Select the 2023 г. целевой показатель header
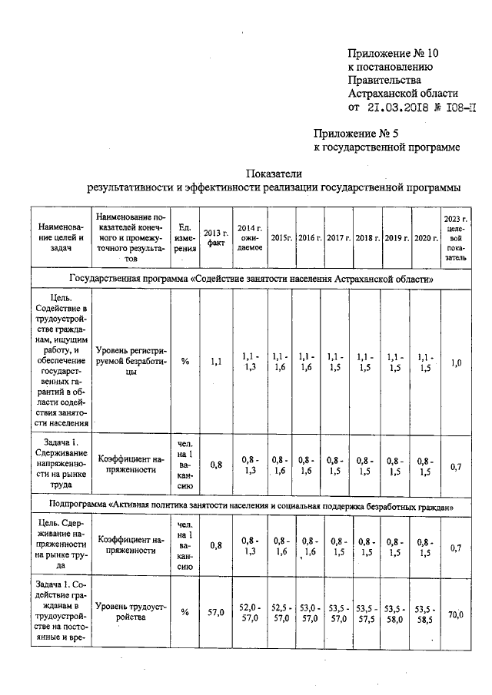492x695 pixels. [455, 237]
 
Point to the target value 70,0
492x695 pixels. [456, 614]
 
